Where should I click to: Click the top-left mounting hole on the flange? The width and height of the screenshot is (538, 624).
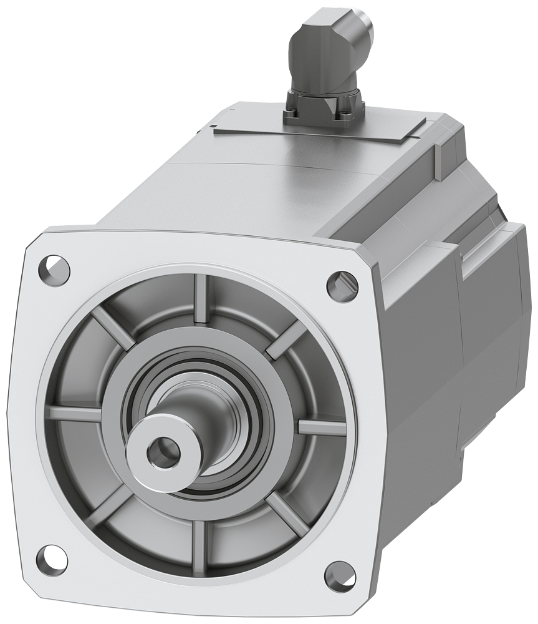54,268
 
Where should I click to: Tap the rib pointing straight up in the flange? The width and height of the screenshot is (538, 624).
201,298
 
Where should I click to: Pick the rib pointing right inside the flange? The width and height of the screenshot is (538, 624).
320,427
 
